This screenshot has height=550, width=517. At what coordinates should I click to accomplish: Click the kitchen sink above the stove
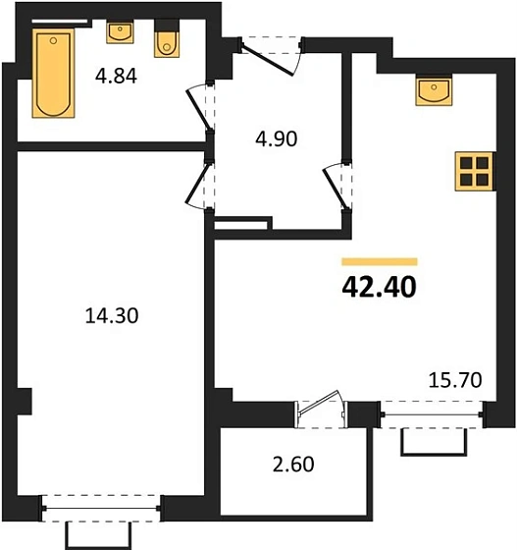click(x=434, y=90)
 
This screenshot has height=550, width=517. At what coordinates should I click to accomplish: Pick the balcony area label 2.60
click(x=292, y=462)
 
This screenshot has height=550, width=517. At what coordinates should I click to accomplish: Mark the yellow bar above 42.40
click(x=380, y=262)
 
